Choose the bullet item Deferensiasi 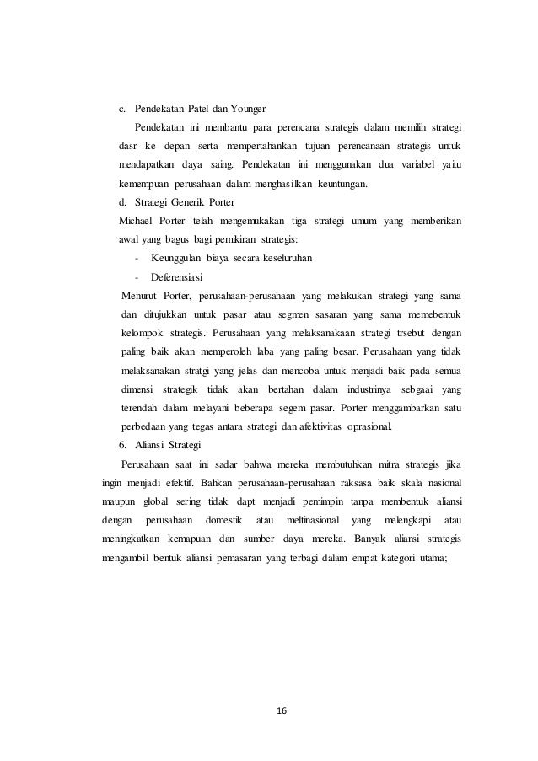coord(178,276)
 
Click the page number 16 coord(281,710)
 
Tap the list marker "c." coord(122,110)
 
